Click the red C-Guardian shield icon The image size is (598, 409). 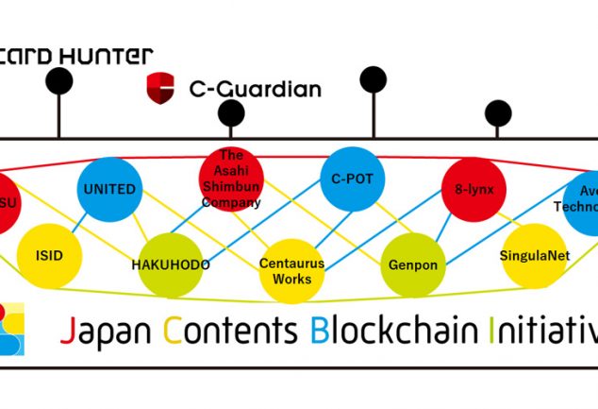[160, 88]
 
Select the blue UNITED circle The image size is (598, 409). [109, 189]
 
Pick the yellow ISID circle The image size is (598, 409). [49, 255]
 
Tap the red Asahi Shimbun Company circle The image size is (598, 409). [231, 177]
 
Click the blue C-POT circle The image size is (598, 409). [352, 178]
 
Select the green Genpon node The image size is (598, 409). [413, 265]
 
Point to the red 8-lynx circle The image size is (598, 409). [473, 189]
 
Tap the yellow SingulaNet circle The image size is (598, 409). [534, 256]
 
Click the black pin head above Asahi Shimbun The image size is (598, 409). [231, 113]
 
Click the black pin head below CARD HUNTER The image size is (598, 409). [59, 82]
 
